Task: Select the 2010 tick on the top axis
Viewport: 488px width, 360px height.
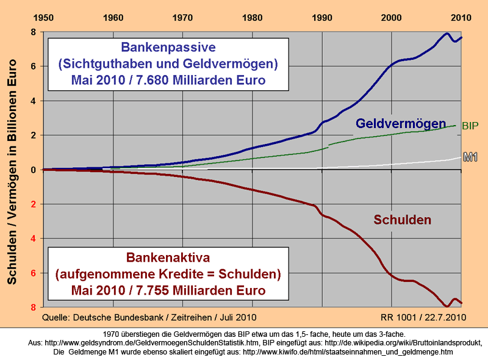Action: [x=461, y=17]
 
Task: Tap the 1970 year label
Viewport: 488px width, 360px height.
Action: [x=182, y=17]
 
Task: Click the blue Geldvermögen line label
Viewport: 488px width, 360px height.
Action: [x=401, y=124]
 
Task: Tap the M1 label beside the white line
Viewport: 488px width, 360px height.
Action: [x=470, y=157]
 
